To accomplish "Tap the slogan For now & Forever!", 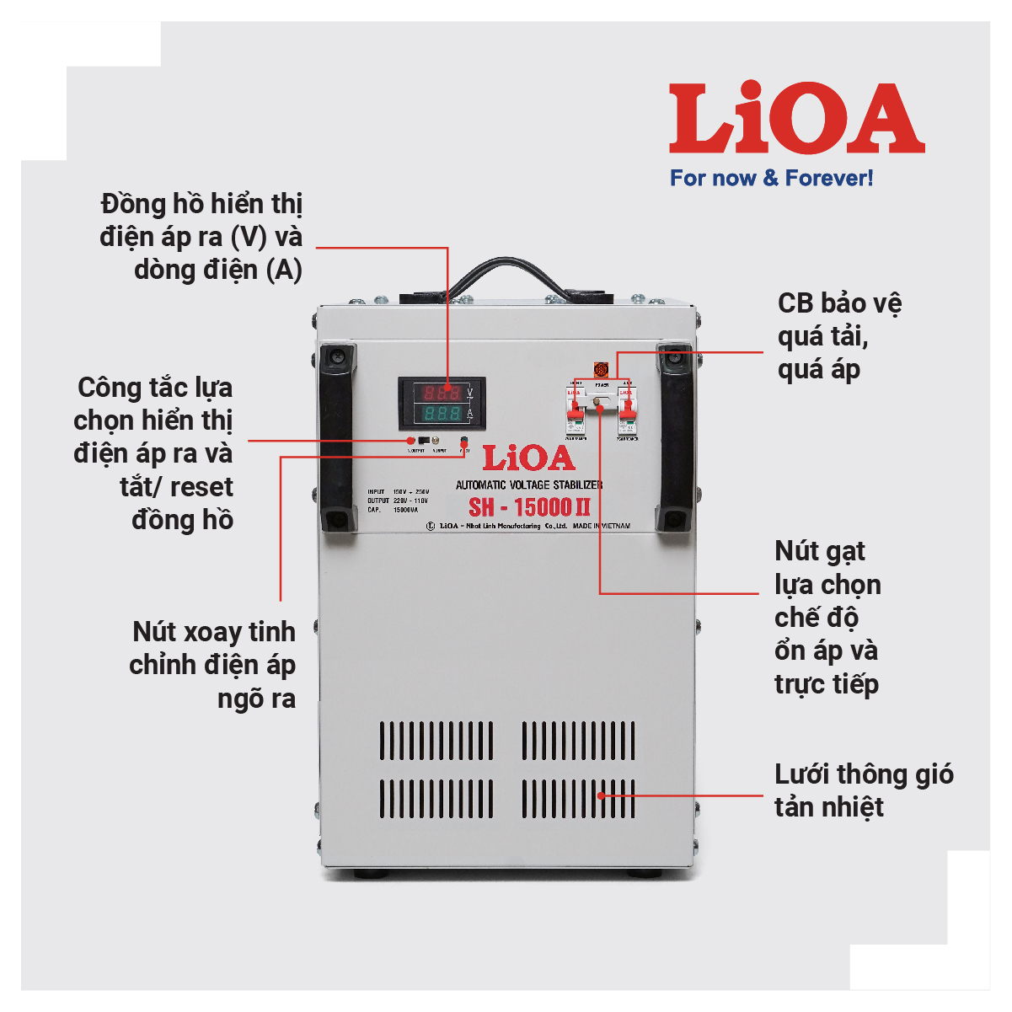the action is [771, 178].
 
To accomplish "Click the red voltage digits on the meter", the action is [441, 393].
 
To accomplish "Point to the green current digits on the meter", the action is [441, 414].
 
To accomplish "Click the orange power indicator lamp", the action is [602, 369].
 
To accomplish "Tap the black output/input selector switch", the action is [424, 440].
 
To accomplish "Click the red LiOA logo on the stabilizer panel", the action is [528, 458].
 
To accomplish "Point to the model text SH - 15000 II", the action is [529, 507].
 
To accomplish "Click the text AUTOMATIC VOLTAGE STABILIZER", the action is [529, 485].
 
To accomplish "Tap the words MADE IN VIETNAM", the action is [602, 526].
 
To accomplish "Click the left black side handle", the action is [337, 438].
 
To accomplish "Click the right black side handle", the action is [675, 438].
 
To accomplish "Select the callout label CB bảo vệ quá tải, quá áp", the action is [838, 336].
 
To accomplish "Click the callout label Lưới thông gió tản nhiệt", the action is [863, 790].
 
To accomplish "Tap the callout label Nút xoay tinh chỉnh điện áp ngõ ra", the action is [213, 665].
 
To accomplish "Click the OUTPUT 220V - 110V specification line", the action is [398, 501].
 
